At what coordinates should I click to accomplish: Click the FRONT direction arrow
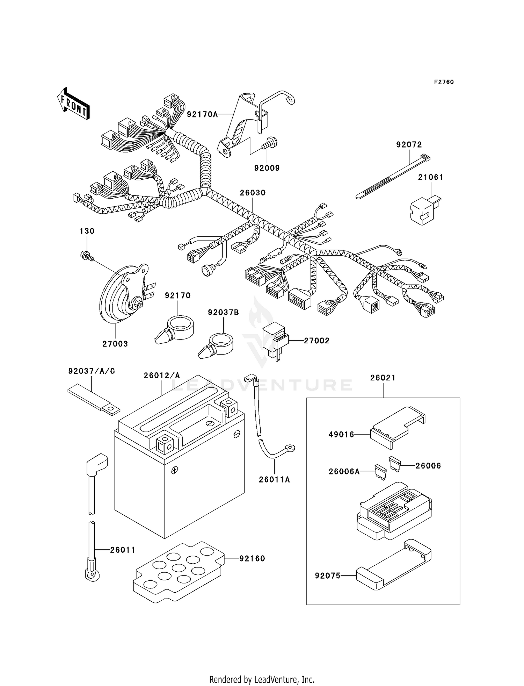click(74, 103)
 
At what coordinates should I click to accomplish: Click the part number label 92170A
click(202, 114)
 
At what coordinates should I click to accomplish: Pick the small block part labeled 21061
click(424, 210)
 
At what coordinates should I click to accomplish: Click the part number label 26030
click(253, 193)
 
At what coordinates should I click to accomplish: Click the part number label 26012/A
click(162, 376)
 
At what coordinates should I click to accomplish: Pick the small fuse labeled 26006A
click(380, 472)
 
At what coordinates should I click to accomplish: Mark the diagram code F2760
click(444, 82)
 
